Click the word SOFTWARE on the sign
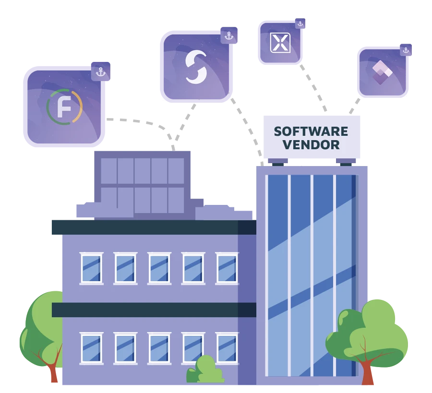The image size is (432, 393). [311, 131]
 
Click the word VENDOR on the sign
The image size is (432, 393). [311, 144]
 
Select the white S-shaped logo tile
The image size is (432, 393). [196, 67]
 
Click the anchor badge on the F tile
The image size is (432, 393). [100, 72]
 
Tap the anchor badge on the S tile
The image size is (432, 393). [229, 36]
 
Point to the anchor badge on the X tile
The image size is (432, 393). [300, 24]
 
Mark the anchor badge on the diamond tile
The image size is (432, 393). [406, 50]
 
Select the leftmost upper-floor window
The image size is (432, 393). [91, 268]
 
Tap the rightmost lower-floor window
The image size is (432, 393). [227, 348]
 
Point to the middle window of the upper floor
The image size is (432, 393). [159, 268]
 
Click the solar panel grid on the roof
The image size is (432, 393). [143, 185]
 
